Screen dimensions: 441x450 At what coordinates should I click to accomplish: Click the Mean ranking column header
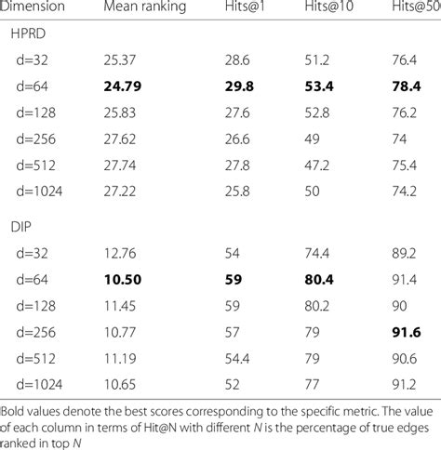pos(145,7)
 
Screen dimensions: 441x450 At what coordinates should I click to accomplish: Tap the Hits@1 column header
pos(245,7)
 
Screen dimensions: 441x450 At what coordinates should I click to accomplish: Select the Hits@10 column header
pos(328,7)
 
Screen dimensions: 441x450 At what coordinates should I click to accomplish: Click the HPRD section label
pos(28,33)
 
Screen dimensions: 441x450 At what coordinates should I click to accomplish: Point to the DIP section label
pos(21,227)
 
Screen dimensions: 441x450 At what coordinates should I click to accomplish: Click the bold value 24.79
pos(123,86)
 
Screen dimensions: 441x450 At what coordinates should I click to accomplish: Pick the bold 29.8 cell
pos(239,86)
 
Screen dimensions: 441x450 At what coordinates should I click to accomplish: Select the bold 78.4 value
pos(407,86)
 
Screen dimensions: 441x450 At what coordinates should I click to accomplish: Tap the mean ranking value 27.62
pos(120,139)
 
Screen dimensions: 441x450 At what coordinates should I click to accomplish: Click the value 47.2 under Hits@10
pos(317,165)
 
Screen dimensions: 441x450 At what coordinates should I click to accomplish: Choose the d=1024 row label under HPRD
pos(39,192)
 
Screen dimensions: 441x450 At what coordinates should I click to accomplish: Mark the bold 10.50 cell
pos(123,280)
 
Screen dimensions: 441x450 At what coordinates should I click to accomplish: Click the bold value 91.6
pos(407,332)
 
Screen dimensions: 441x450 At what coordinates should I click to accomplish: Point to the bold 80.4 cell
pos(319,280)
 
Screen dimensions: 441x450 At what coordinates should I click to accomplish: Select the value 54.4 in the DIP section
pos(237,359)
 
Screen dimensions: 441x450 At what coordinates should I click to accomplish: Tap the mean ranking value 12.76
pos(120,254)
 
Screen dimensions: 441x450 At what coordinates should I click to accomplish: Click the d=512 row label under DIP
pos(36,359)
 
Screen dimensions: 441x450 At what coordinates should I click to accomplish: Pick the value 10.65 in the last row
pos(120,385)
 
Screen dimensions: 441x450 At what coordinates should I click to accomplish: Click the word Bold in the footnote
pos(11,412)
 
